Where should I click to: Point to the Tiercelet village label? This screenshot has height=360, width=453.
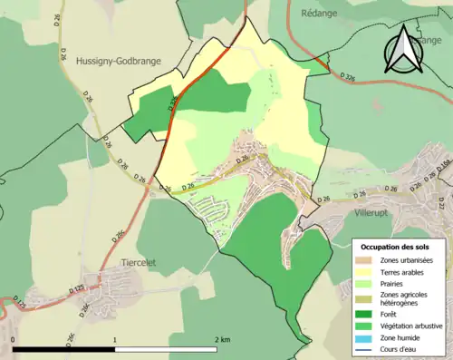pyautogui.click(x=138, y=260)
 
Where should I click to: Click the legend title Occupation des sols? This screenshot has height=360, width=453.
pyautogui.click(x=395, y=247)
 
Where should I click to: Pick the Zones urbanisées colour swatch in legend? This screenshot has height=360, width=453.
pyautogui.click(x=366, y=260)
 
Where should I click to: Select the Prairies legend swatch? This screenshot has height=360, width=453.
pyautogui.click(x=366, y=284)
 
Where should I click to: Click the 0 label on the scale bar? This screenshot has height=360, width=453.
pyautogui.click(x=14, y=339)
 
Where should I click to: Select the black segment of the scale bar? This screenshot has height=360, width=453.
pyautogui.click(x=64, y=349)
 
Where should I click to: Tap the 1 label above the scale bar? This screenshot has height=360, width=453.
pyautogui.click(x=115, y=339)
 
